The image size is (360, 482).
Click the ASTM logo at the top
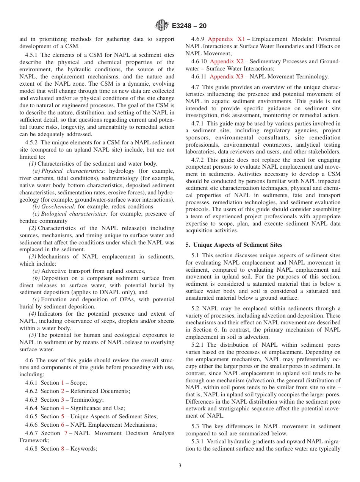point(162,26)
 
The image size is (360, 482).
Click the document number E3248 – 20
point(189,26)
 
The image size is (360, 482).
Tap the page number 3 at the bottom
point(180,466)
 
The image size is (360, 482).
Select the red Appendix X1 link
point(227,39)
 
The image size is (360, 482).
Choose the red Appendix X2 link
point(227,61)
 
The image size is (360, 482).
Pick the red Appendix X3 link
point(226,77)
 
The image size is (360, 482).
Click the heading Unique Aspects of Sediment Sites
point(237,245)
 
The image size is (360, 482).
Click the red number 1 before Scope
point(63,383)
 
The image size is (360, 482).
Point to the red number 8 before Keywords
point(63,449)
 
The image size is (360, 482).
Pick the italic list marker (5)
point(33,335)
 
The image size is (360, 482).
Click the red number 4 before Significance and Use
point(63,408)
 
